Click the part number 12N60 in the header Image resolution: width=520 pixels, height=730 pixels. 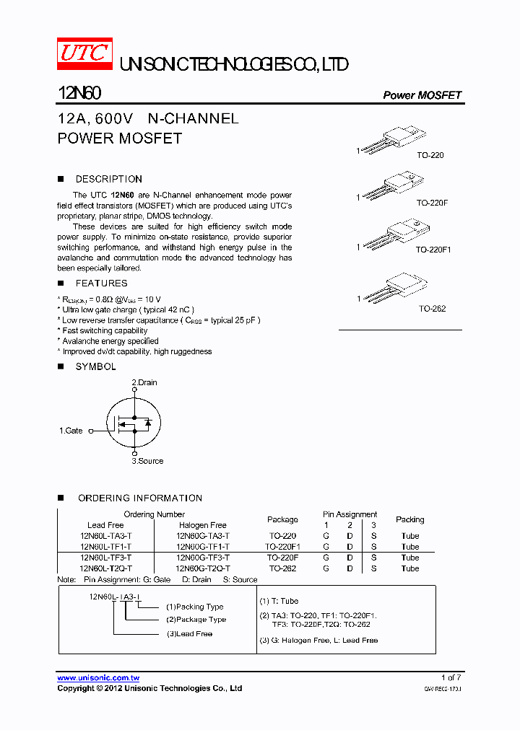point(79,94)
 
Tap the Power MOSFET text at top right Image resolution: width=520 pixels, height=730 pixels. point(422,95)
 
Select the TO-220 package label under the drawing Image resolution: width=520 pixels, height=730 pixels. point(430,156)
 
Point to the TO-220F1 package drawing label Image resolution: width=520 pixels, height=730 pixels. point(433,249)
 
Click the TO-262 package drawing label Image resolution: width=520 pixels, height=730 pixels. point(433,309)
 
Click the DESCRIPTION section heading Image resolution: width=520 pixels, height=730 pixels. point(108,179)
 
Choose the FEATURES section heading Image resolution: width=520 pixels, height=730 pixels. point(101,283)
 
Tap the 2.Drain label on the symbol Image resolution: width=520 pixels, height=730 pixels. point(144,382)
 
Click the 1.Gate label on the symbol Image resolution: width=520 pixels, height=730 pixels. point(71,431)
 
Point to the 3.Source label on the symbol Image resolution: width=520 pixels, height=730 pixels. point(147,461)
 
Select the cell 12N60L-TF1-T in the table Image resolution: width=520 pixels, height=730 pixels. point(106,547)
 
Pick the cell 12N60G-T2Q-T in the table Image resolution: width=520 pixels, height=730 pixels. point(203,568)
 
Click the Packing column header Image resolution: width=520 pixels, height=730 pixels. point(409,519)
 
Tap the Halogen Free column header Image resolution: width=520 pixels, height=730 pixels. point(203,525)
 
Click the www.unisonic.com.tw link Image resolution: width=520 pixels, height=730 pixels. point(98,677)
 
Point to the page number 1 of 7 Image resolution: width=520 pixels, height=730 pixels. point(451,677)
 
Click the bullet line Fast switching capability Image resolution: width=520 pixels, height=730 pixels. point(105,330)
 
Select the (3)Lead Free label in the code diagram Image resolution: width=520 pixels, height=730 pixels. point(189,633)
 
